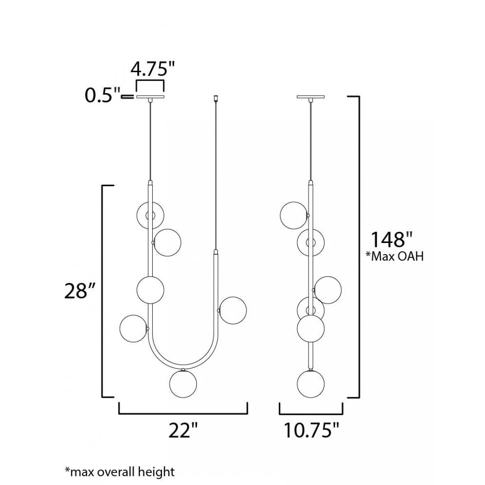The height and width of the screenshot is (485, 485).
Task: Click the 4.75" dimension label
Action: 152,69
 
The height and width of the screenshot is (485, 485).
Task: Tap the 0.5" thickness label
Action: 102,95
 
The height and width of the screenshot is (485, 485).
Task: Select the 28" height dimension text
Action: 79,291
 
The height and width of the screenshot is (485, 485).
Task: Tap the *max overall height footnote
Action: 120,472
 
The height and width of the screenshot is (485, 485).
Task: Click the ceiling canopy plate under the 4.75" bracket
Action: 150,97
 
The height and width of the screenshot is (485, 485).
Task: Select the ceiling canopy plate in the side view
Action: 311,97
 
